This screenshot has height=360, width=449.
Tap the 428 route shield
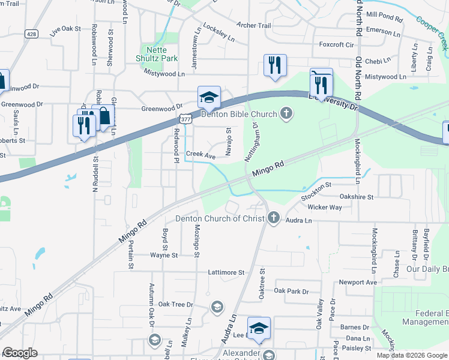[x=32, y=34]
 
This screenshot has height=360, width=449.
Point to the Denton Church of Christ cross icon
[x=274, y=218]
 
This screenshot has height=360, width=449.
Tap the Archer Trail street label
[x=254, y=26]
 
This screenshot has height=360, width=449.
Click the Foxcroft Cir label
[x=337, y=44]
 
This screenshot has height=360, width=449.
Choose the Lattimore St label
[x=226, y=272]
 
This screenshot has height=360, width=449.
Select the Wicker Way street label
[x=324, y=208]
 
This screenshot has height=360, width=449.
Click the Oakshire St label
[x=357, y=196]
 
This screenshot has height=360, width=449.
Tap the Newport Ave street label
[x=358, y=282]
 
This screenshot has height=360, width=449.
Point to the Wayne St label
[x=164, y=255]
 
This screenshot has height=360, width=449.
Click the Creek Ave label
[x=200, y=155]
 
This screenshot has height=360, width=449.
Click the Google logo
[x=20, y=352]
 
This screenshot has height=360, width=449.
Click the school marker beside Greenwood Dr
[x=209, y=97]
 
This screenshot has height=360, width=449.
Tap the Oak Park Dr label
[x=291, y=291]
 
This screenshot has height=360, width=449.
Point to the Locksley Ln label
[x=219, y=35]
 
